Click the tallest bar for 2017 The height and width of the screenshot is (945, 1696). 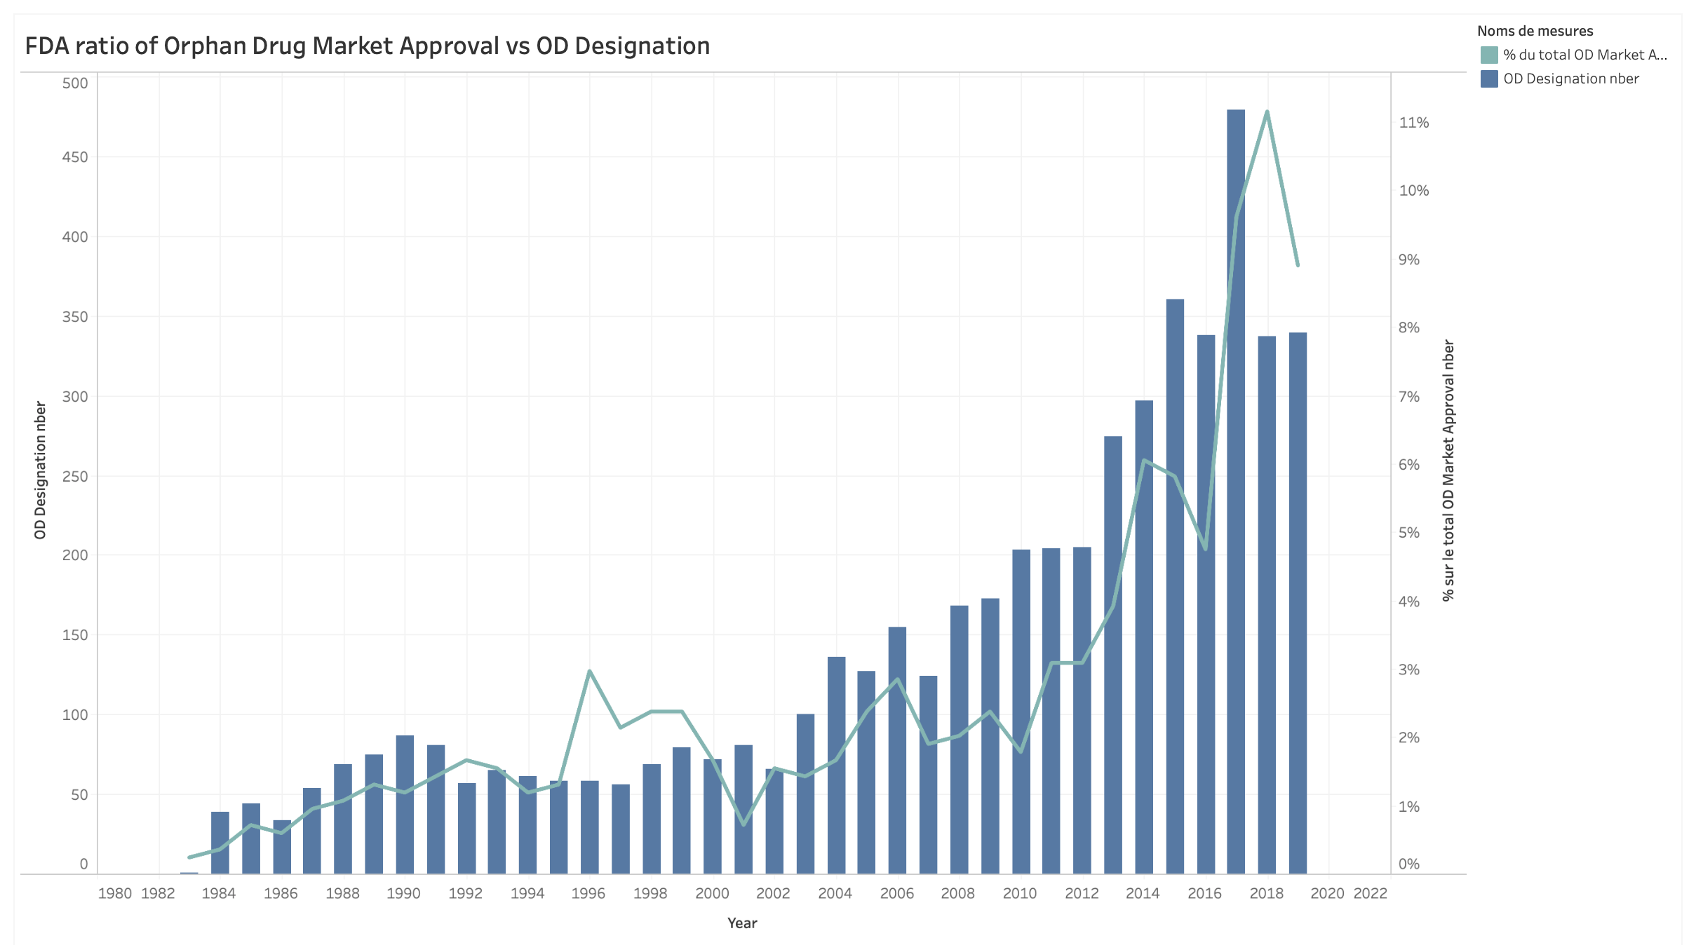pyautogui.click(x=1235, y=491)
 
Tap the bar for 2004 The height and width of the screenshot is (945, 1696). pyautogui.click(x=836, y=765)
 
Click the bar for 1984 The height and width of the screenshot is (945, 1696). pyautogui.click(x=220, y=842)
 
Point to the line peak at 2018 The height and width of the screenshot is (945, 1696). pyautogui.click(x=1267, y=111)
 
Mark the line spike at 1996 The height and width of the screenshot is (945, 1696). pyautogui.click(x=589, y=671)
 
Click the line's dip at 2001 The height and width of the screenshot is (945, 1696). pyautogui.click(x=743, y=824)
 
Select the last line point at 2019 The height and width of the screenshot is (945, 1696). pyautogui.click(x=1298, y=265)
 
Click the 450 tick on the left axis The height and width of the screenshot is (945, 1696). pyautogui.click(x=75, y=157)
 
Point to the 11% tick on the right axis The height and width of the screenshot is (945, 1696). pyautogui.click(x=1413, y=123)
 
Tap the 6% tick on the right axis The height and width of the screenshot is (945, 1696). pyautogui.click(x=1408, y=465)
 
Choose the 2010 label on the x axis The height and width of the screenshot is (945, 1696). pyautogui.click(x=1019, y=893)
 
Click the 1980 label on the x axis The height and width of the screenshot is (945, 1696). pyautogui.click(x=114, y=893)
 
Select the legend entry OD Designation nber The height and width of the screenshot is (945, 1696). pyautogui.click(x=1570, y=79)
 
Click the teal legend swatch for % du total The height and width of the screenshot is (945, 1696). pyautogui.click(x=1488, y=55)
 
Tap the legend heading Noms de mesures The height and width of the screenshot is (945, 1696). pyautogui.click(x=1535, y=31)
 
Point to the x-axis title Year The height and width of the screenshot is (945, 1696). pyautogui.click(x=741, y=923)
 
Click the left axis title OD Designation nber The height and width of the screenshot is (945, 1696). pyautogui.click(x=40, y=470)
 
